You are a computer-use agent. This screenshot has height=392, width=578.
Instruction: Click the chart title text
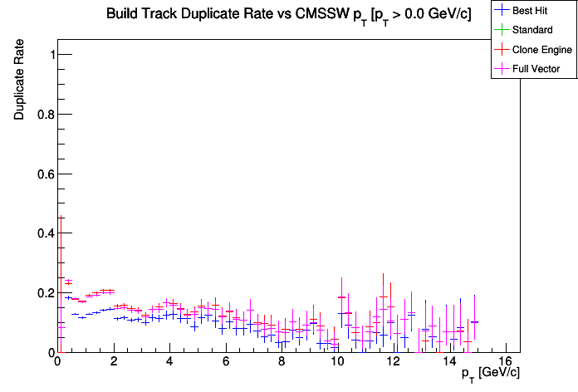tap(288, 14)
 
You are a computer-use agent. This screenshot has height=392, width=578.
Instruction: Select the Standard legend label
tap(532, 31)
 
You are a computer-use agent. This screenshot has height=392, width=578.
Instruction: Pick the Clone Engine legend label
tap(542, 50)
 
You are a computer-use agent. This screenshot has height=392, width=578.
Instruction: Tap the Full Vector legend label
tap(536, 69)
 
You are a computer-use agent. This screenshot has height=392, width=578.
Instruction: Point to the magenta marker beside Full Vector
tap(502, 68)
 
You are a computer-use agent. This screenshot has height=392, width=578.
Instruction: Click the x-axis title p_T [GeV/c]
tap(491, 374)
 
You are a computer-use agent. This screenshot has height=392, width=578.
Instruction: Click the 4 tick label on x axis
tap(169, 363)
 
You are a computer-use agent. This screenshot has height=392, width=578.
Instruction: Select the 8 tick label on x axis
tap(282, 363)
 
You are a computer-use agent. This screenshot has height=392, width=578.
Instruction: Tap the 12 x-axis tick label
tap(394, 363)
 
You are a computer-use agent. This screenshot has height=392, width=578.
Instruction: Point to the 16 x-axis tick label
tap(506, 363)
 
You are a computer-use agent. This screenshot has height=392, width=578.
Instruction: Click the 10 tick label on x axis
tap(338, 363)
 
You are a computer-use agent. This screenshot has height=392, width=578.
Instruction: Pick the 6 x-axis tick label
tap(226, 363)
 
